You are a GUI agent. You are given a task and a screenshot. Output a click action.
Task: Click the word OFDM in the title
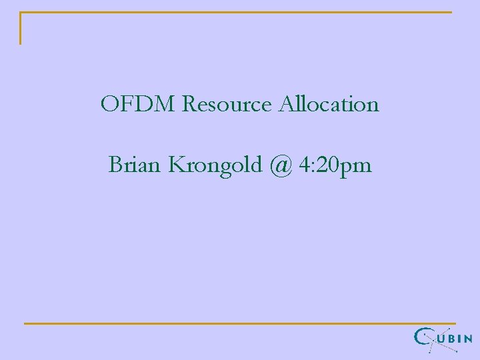coord(138,104)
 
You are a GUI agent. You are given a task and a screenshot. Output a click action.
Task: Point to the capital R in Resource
coord(189,104)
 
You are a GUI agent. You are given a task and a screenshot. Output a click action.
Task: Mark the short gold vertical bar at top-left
coord(21,29)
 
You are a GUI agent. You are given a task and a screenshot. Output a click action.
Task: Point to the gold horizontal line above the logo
coord(240,323)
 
